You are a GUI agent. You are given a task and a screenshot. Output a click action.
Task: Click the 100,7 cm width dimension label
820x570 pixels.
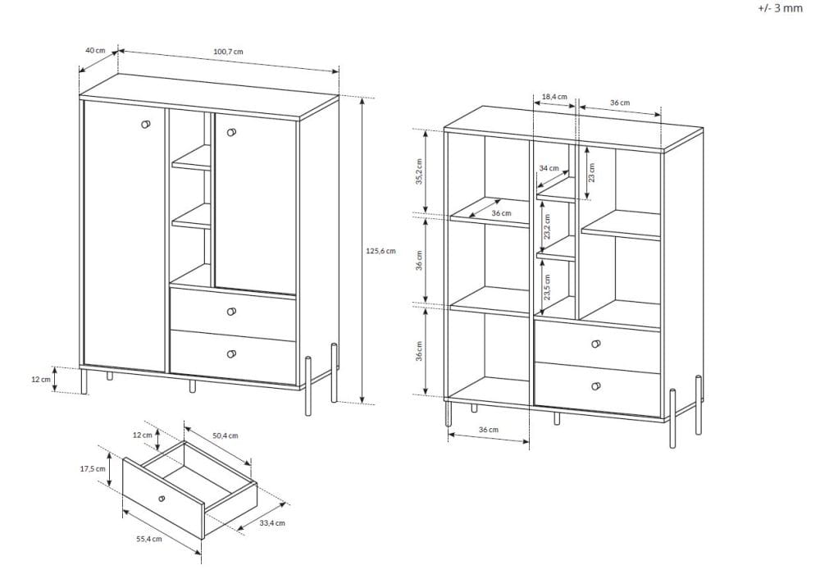(228, 52)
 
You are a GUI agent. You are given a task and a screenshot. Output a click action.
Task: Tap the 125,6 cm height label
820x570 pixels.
(380, 251)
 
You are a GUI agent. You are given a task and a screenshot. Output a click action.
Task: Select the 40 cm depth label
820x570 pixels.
(95, 50)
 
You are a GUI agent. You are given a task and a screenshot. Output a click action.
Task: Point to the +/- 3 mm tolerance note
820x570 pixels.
(780, 8)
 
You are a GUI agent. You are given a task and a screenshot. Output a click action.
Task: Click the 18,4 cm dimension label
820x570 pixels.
(554, 97)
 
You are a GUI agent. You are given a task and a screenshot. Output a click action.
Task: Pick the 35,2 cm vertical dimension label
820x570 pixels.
(419, 171)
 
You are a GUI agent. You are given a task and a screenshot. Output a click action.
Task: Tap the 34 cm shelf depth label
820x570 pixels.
(549, 168)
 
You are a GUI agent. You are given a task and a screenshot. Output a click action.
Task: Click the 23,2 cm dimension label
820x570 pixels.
(547, 226)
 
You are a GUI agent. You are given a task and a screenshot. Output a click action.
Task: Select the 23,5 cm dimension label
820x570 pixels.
(547, 287)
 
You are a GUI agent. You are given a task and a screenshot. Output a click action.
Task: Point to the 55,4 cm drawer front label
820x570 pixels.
(149, 539)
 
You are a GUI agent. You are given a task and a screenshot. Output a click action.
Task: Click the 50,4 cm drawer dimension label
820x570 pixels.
(225, 435)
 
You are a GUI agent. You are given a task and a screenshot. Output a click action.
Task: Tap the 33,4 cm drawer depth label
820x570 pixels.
(272, 522)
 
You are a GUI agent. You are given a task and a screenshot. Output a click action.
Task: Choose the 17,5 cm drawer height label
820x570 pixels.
(93, 468)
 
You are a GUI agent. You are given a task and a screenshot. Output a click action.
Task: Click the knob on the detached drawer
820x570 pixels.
(162, 498)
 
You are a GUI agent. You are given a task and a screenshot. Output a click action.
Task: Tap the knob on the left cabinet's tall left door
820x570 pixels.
(146, 124)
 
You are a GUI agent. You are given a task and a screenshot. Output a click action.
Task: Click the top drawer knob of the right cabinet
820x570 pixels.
(595, 344)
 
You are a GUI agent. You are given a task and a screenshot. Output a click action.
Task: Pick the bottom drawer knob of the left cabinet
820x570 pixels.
(232, 354)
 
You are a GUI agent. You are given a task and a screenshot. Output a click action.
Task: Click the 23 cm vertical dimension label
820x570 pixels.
(592, 172)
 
